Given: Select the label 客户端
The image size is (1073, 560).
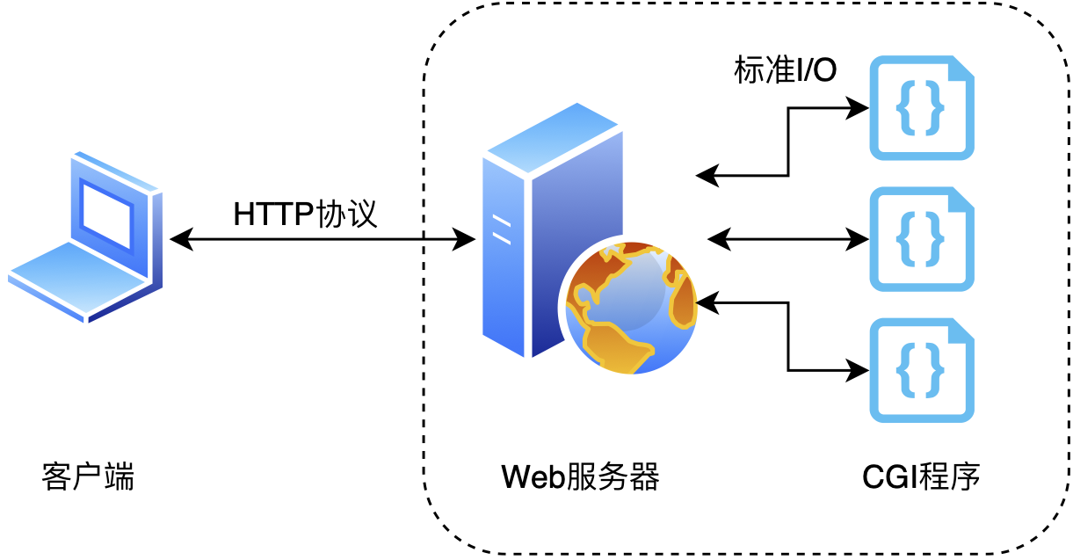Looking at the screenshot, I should (x=88, y=477).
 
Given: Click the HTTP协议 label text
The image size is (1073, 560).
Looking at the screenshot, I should (x=305, y=214).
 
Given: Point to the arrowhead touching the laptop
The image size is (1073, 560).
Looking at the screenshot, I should (x=178, y=238).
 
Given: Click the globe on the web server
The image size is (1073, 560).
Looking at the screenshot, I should (x=631, y=308).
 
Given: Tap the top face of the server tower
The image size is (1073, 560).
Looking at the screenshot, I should (x=554, y=137).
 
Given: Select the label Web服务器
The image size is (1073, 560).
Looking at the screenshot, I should (x=580, y=477).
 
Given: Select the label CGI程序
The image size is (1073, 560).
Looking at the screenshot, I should (x=921, y=477).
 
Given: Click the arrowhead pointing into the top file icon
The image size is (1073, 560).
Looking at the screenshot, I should (x=859, y=108).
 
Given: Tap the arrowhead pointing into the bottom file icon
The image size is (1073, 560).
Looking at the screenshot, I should (x=859, y=369).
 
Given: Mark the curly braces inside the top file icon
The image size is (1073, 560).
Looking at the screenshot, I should (x=920, y=109).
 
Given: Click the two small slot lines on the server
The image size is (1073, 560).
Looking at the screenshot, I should (x=502, y=230).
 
